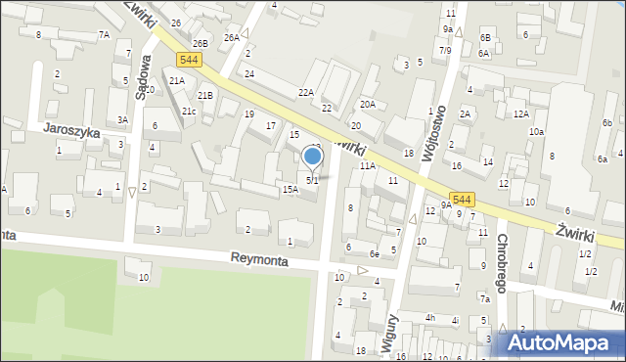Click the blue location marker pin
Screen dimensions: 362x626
point(313,157)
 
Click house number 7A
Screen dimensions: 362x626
point(104,35)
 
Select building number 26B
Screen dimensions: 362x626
point(200,44)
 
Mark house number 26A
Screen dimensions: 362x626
point(231,38)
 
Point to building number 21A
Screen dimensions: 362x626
point(177,81)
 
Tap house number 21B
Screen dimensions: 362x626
point(205,96)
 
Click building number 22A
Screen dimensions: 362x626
point(306,92)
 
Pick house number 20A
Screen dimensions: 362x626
point(367,104)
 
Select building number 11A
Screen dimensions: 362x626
point(367,166)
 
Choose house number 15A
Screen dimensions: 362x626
point(290,190)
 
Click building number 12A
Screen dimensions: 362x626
point(521,114)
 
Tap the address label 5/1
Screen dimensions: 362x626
point(313,181)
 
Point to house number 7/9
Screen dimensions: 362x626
point(445,50)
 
